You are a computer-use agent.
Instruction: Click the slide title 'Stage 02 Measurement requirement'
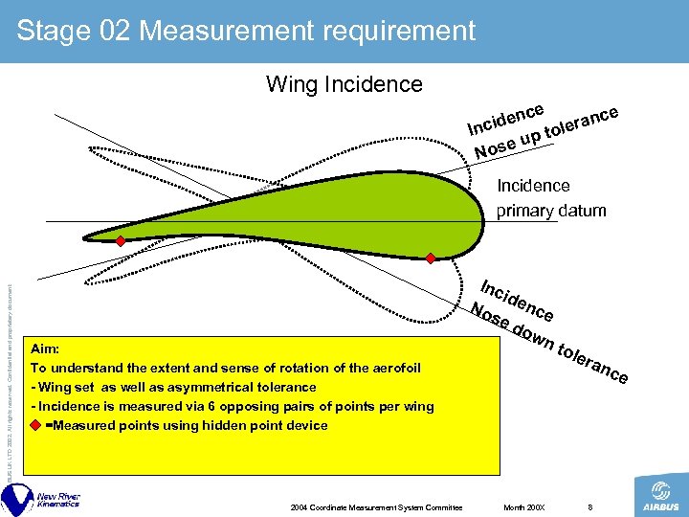pos(246,31)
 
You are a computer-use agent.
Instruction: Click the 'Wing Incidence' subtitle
pos(344,84)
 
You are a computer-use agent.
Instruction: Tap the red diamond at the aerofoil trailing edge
pos(121,240)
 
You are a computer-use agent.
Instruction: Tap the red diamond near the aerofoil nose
pos(431,258)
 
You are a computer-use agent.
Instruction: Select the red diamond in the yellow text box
pos(36,425)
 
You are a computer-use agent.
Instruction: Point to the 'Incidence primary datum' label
pos(550,198)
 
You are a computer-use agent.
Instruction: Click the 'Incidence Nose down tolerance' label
pos(550,330)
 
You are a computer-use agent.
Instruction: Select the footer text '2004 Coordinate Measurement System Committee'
pos(376,506)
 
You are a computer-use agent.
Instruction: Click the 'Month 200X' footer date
pos(523,506)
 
